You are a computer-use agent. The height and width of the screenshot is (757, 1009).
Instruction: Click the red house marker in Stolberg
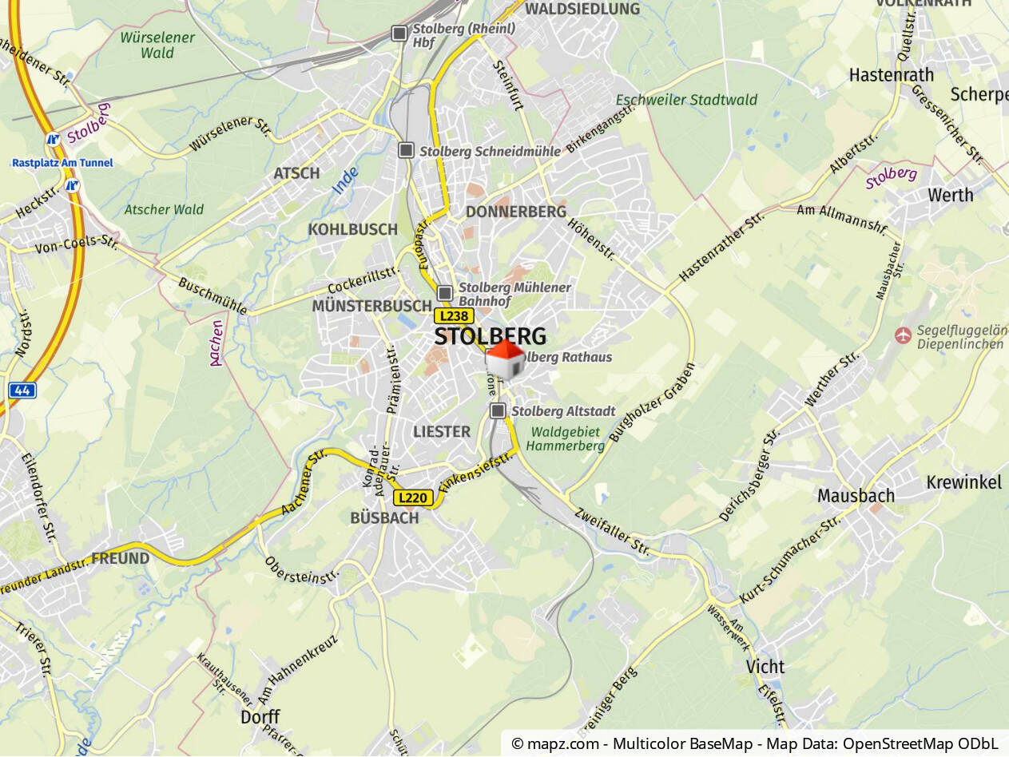tap(505, 359)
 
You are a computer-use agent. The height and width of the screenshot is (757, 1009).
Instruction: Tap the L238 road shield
tap(454, 316)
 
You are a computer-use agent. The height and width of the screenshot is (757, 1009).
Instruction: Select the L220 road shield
tap(413, 497)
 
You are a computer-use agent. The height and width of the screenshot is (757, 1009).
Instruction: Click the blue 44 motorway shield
tap(22, 390)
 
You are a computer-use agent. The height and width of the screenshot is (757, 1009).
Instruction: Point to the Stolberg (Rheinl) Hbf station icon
tap(399, 33)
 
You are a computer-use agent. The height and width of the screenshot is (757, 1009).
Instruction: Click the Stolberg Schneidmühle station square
tap(407, 150)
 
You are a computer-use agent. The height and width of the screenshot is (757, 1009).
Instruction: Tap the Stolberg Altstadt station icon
tap(499, 410)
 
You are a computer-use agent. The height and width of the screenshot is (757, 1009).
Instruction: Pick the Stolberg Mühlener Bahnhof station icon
tap(445, 293)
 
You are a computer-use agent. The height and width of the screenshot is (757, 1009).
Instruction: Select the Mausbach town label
tap(856, 496)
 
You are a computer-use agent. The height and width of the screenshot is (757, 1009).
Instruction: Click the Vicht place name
tap(765, 667)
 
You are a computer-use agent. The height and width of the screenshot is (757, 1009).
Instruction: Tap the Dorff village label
tap(260, 717)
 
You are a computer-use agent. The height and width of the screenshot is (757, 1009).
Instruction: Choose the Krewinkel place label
tap(963, 482)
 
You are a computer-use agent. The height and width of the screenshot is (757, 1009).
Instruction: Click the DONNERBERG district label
tap(515, 212)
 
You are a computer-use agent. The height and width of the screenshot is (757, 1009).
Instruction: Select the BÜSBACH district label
tap(384, 518)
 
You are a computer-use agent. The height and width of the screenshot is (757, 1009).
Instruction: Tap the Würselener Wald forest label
tap(157, 45)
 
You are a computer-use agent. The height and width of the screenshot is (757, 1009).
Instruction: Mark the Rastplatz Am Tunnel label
tap(62, 163)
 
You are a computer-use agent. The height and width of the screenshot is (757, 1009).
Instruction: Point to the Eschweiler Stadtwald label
tap(686, 101)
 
